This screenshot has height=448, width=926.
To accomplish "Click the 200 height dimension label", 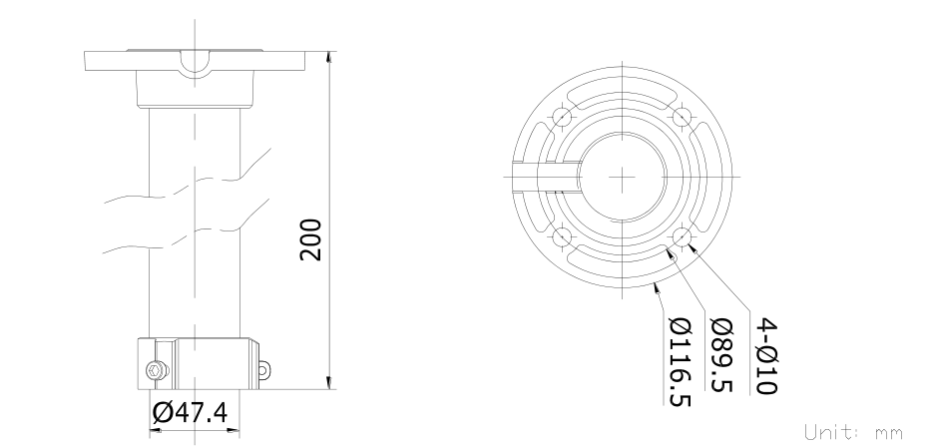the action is click(x=310, y=239).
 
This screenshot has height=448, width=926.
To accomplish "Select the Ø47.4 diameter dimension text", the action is click(x=190, y=413).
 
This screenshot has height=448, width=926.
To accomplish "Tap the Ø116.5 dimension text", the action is click(x=680, y=362).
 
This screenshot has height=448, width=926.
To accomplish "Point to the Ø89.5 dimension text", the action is click(x=721, y=355).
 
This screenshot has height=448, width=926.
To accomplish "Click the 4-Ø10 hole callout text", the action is click(x=766, y=356).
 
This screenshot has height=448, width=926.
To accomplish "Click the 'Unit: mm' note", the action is click(x=853, y=432).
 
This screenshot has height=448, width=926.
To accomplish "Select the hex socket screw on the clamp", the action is click(x=155, y=371).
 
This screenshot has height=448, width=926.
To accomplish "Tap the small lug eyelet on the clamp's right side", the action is click(x=264, y=370).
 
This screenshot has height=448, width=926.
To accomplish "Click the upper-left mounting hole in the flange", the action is click(x=562, y=117).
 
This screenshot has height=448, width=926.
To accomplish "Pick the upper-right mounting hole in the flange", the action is click(x=683, y=117).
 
